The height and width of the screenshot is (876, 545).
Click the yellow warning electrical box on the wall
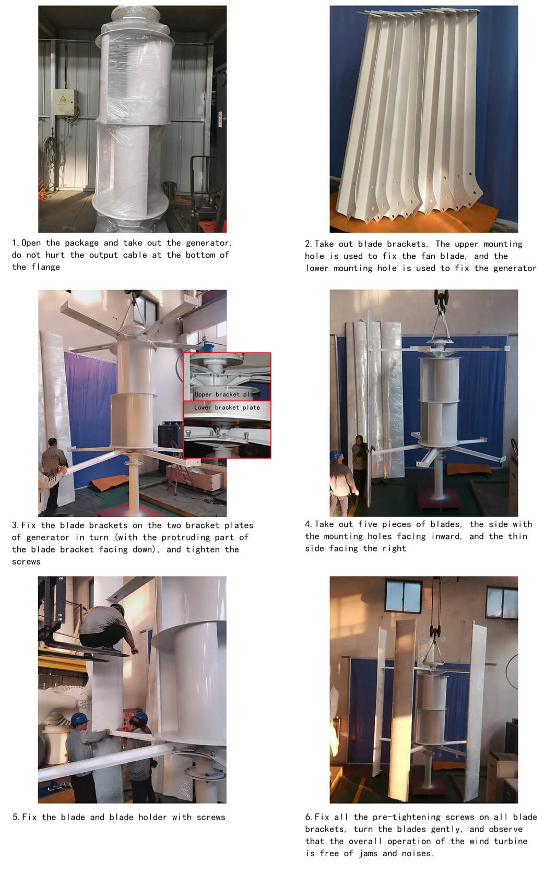(x=65, y=102)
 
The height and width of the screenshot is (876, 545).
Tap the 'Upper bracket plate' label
(x=227, y=394)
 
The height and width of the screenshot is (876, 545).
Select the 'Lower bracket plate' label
(x=227, y=407)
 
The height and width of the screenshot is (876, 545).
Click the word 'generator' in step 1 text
(x=209, y=243)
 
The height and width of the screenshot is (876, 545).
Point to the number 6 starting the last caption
(x=308, y=817)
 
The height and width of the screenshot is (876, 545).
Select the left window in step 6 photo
(x=403, y=596)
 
